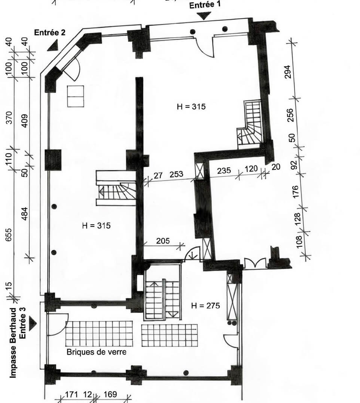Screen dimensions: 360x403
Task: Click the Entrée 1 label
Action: coord(205,5)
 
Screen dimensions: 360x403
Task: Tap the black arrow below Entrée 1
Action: coord(204,16)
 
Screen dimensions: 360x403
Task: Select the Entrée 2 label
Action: coord(50,33)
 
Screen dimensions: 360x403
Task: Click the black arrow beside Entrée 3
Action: coord(33,324)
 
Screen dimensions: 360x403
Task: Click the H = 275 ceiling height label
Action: coord(205,305)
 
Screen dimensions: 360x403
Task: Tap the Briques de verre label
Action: coord(97,352)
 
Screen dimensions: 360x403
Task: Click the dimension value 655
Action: coord(9,234)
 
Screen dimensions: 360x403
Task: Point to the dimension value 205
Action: coord(163,241)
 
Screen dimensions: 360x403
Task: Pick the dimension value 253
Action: coord(176,174)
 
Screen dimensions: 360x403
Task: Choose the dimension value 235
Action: coord(224,170)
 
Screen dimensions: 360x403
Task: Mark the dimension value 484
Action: coord(24,213)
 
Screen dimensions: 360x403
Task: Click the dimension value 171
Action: coord(71,394)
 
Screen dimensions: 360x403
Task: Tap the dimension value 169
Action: coord(110,394)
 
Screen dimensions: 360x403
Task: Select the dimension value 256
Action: coord(290,116)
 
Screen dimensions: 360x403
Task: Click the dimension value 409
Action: coord(25,120)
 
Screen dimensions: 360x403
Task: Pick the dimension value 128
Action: coord(297,219)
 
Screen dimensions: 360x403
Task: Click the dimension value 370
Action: coord(9,117)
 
